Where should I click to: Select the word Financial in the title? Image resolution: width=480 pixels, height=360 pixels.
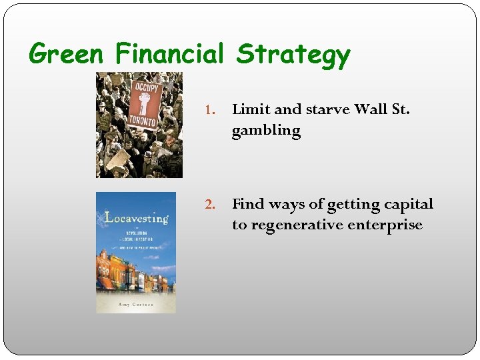click(169, 53)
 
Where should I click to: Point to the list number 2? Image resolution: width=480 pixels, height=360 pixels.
click(208, 204)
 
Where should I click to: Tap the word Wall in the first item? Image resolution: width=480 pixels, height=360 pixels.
click(371, 109)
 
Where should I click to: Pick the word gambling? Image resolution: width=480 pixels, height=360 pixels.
click(266, 131)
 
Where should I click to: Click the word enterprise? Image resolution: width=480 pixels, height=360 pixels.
click(389, 225)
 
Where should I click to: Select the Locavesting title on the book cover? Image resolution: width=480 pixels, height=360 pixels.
click(136, 217)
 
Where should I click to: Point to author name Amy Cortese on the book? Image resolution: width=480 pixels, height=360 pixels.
click(135, 303)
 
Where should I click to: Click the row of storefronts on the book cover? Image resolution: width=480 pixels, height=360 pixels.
click(135, 273)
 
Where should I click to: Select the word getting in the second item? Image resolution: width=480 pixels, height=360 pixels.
click(353, 203)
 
